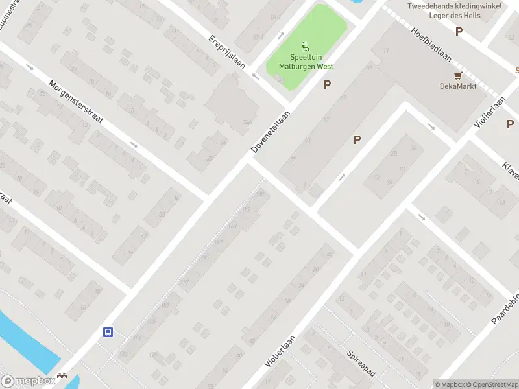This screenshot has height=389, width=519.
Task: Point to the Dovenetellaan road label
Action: point(271,131)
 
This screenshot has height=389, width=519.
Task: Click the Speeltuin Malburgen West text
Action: point(306,62)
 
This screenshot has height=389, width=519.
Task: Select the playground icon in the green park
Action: point(306,46)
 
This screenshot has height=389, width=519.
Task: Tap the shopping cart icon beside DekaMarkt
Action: point(459,75)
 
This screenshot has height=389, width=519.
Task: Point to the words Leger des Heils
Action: point(455,16)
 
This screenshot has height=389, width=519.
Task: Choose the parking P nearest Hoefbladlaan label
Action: point(459,30)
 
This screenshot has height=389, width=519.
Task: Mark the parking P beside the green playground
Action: point(328,84)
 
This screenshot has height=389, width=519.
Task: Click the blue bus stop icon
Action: point(108,333)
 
